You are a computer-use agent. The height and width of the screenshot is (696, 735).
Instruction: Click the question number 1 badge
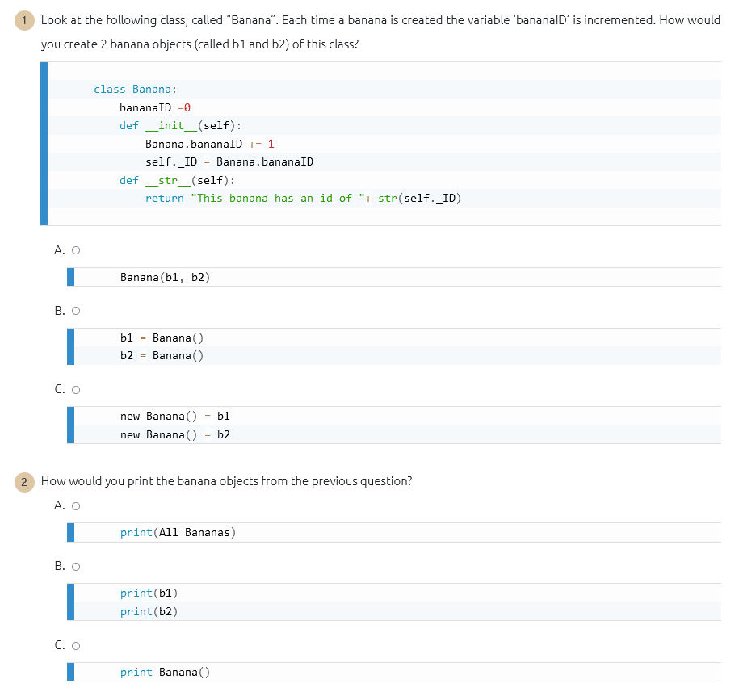click(x=24, y=20)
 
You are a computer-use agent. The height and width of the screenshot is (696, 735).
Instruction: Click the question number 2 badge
click(x=24, y=481)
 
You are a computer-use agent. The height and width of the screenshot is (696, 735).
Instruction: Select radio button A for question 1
click(x=76, y=250)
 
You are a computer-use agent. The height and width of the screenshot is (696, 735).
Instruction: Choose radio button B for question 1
click(x=76, y=311)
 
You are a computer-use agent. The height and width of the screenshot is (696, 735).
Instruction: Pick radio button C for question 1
click(x=76, y=390)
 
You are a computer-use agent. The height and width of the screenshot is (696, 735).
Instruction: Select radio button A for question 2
click(x=76, y=506)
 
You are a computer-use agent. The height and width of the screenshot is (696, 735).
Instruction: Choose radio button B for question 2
click(x=76, y=567)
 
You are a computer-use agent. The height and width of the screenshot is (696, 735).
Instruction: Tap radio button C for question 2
click(x=76, y=645)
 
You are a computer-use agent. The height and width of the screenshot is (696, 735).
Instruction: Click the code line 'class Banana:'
click(x=135, y=90)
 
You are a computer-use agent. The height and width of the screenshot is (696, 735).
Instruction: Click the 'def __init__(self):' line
click(x=180, y=125)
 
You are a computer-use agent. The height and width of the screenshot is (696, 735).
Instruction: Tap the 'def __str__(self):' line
click(x=177, y=180)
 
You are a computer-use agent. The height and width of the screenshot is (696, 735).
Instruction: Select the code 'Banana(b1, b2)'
click(x=165, y=278)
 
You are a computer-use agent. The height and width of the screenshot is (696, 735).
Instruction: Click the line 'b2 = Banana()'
click(x=162, y=356)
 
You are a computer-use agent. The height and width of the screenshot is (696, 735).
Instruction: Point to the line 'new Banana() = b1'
click(x=174, y=417)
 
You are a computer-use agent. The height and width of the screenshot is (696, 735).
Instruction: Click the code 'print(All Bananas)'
click(x=178, y=533)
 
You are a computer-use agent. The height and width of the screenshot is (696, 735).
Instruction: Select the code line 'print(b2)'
click(x=149, y=612)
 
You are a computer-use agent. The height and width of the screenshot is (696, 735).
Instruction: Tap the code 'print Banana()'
click(x=165, y=673)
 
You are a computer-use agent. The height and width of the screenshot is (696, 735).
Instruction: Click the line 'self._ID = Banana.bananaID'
click(x=229, y=162)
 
